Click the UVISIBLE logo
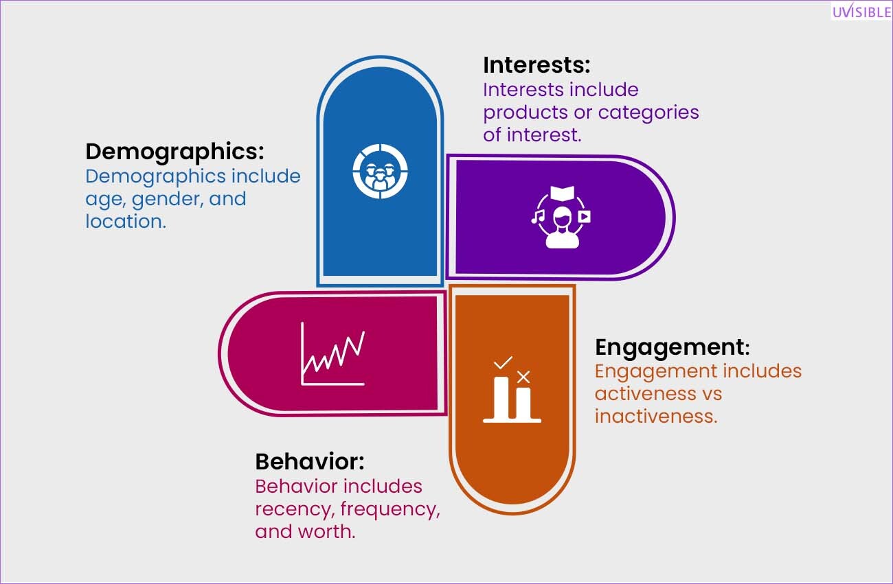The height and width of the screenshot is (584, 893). tap(861, 12)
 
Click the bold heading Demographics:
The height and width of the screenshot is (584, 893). tap(174, 152)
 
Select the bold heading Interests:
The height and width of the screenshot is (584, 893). tap(536, 65)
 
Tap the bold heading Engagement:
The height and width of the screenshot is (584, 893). tap(672, 347)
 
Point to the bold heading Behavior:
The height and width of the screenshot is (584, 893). tap(310, 462)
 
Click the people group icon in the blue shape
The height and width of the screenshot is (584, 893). tap(381, 172)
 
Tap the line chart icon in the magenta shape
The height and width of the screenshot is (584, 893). tap(333, 353)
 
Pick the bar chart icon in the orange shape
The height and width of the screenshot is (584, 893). tap(512, 390)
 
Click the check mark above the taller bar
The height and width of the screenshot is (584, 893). tap(503, 363)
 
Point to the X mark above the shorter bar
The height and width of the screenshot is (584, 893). tap(523, 377)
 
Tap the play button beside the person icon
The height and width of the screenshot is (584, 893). tap(585, 216)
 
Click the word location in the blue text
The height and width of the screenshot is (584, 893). tap(126, 222)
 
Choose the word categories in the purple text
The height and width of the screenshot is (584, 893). tap(648, 113)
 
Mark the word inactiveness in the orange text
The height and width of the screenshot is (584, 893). tap(656, 417)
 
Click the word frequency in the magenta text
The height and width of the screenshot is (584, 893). tap(390, 510)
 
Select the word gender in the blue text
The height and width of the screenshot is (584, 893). tap(168, 200)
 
